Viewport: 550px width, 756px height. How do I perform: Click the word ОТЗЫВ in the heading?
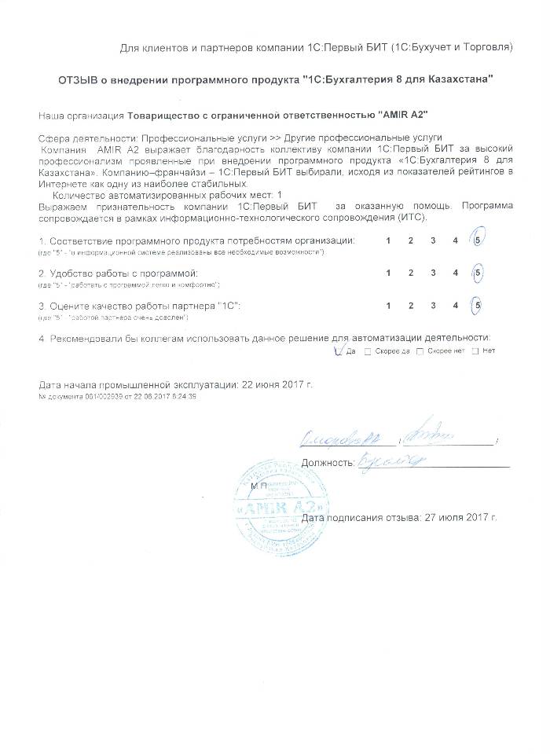[76, 80]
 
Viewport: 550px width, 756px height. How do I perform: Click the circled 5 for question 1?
[478, 240]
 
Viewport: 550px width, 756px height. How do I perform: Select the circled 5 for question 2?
[478, 273]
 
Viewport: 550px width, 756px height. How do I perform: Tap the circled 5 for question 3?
[478, 306]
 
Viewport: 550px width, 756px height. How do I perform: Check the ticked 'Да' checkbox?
[339, 350]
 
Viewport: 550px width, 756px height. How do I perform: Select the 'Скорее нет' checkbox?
[420, 351]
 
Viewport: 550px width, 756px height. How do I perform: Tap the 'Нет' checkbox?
[475, 351]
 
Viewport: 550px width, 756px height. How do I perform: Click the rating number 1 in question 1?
[387, 240]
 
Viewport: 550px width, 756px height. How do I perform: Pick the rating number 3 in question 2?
[433, 273]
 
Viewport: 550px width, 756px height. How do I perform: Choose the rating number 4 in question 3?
[456, 306]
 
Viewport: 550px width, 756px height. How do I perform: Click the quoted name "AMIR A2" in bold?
[404, 115]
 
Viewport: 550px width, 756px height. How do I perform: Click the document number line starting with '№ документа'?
[117, 397]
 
